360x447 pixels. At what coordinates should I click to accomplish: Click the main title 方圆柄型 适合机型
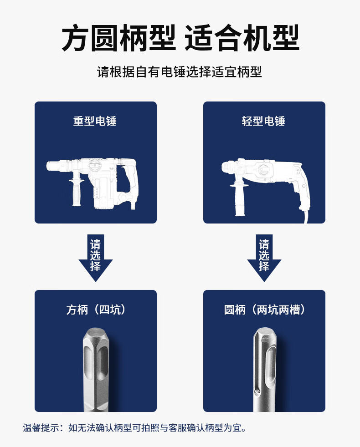(x=180, y=38)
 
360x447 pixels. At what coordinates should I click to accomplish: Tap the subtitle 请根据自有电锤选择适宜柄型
(x=179, y=72)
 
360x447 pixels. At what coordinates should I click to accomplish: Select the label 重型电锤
(x=95, y=121)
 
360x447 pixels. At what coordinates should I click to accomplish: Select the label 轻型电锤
(x=263, y=121)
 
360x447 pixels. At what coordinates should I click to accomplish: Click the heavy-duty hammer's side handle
(x=77, y=192)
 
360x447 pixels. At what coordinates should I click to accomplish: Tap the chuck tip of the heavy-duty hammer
(x=51, y=166)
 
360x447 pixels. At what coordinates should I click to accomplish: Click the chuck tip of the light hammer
(x=225, y=167)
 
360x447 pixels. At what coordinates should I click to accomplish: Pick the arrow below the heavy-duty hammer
(x=96, y=258)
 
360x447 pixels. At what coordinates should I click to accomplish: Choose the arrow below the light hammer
(x=264, y=258)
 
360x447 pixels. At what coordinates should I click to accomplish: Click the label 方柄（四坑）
(x=96, y=310)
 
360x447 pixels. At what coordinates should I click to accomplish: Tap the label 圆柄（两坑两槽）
(x=264, y=310)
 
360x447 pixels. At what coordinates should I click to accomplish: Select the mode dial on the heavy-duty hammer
(x=95, y=165)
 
